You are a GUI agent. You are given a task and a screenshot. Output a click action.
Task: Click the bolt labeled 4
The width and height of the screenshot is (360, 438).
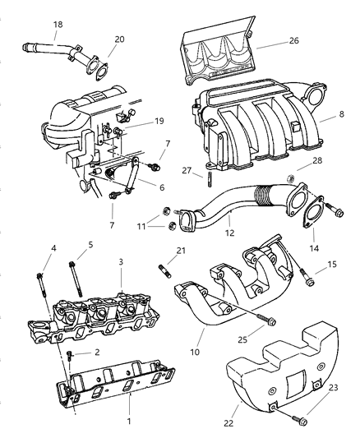point(39,280)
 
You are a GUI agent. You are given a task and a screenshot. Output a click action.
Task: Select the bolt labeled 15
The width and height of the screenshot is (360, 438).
point(307,279)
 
